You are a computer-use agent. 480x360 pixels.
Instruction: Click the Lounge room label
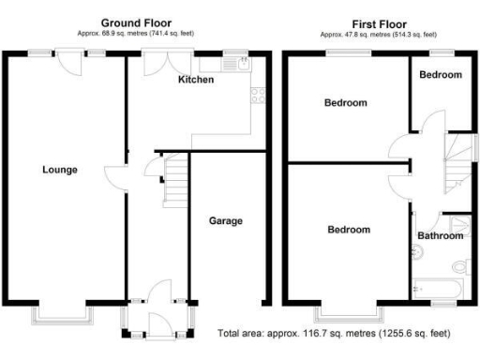pyautogui.click(x=59, y=170)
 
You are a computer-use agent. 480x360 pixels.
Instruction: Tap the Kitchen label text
pyautogui.click(x=196, y=81)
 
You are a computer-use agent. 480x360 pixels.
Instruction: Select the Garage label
pyautogui.click(x=225, y=221)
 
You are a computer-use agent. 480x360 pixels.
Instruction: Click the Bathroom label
pyautogui.click(x=441, y=236)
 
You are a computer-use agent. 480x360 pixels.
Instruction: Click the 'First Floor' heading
pyautogui.click(x=380, y=22)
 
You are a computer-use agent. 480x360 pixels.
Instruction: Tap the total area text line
pyautogui.click(x=334, y=333)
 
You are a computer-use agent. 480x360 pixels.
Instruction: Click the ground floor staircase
pyautogui.click(x=174, y=182)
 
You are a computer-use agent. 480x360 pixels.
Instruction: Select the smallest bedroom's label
pyautogui.click(x=441, y=74)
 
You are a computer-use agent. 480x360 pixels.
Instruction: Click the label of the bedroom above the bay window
pyautogui.click(x=348, y=230)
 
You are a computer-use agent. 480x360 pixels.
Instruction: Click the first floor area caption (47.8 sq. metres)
pyautogui.click(x=380, y=33)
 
